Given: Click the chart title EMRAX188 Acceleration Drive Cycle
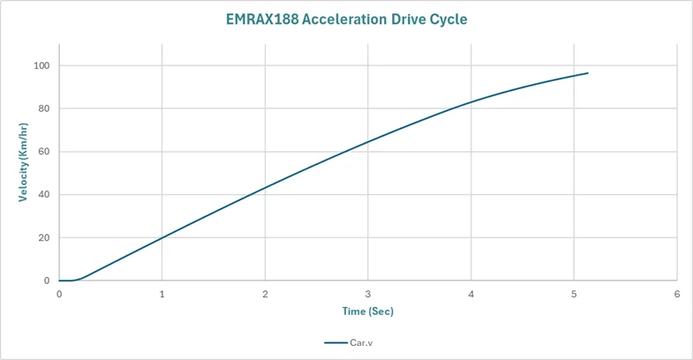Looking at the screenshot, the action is [x=346, y=19].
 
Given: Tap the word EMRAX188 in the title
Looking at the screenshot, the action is [x=262, y=19].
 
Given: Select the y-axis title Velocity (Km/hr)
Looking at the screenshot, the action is [x=23, y=162].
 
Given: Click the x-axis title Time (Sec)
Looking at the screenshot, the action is [x=368, y=311].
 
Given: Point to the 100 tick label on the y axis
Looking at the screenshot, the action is [x=41, y=65].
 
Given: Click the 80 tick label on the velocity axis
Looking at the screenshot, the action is [x=44, y=109].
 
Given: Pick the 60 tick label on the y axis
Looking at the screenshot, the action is [x=44, y=152].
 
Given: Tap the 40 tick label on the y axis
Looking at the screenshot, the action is [x=44, y=194].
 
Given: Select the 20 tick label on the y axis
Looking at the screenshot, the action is [x=44, y=237].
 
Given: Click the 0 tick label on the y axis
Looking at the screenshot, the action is [x=47, y=281].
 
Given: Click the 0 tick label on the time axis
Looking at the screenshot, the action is [x=59, y=294].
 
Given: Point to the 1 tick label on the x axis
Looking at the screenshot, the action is [x=162, y=294].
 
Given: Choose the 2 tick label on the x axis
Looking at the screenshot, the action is [x=265, y=294].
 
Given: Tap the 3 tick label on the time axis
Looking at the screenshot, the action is [x=368, y=294].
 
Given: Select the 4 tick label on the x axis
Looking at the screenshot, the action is [x=471, y=294].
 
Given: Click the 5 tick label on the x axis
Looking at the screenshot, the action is [x=574, y=294].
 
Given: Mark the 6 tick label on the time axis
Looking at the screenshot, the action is [x=676, y=294].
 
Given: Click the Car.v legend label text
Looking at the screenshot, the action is [x=361, y=342].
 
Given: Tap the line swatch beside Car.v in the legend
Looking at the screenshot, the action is [x=335, y=342].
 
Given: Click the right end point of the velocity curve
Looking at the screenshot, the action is [x=588, y=73].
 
